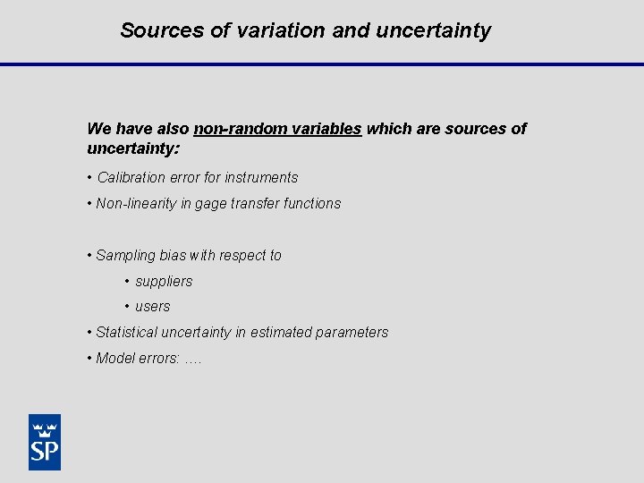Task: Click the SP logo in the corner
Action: pyautogui.click(x=44, y=442)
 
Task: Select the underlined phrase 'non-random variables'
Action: pyautogui.click(x=277, y=129)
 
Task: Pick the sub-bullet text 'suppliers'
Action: pyautogui.click(x=164, y=282)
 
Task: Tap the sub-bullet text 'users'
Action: pyautogui.click(x=152, y=307)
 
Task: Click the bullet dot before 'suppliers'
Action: pyautogui.click(x=127, y=282)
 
